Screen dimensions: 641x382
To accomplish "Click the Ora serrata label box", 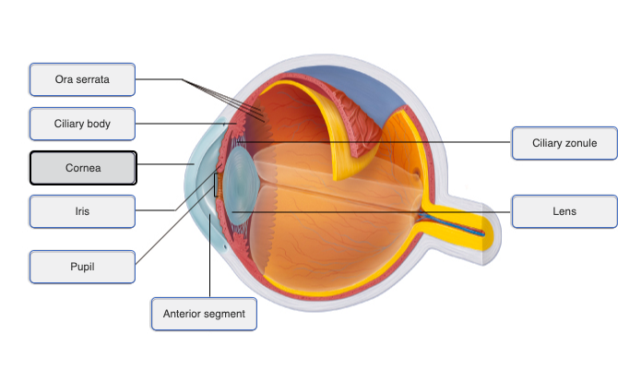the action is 82,79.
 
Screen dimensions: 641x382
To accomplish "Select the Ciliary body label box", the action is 82,124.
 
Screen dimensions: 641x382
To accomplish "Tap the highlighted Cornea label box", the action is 83,168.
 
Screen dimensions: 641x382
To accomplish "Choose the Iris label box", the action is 82,211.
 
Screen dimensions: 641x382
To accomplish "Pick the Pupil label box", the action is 82,267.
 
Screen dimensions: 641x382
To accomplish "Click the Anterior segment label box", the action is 204,314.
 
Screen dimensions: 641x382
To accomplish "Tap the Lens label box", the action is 564,211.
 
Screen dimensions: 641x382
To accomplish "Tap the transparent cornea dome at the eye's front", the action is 201,175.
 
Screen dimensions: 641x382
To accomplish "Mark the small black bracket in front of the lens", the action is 217,185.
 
